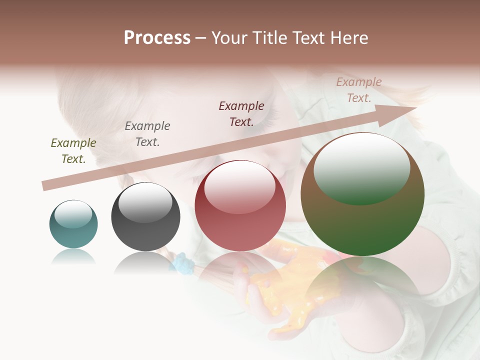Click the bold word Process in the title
[157, 38]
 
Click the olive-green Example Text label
[73, 151]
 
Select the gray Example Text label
[147, 134]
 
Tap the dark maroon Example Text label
[241, 113]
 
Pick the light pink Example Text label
[359, 90]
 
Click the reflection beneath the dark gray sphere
[145, 262]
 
